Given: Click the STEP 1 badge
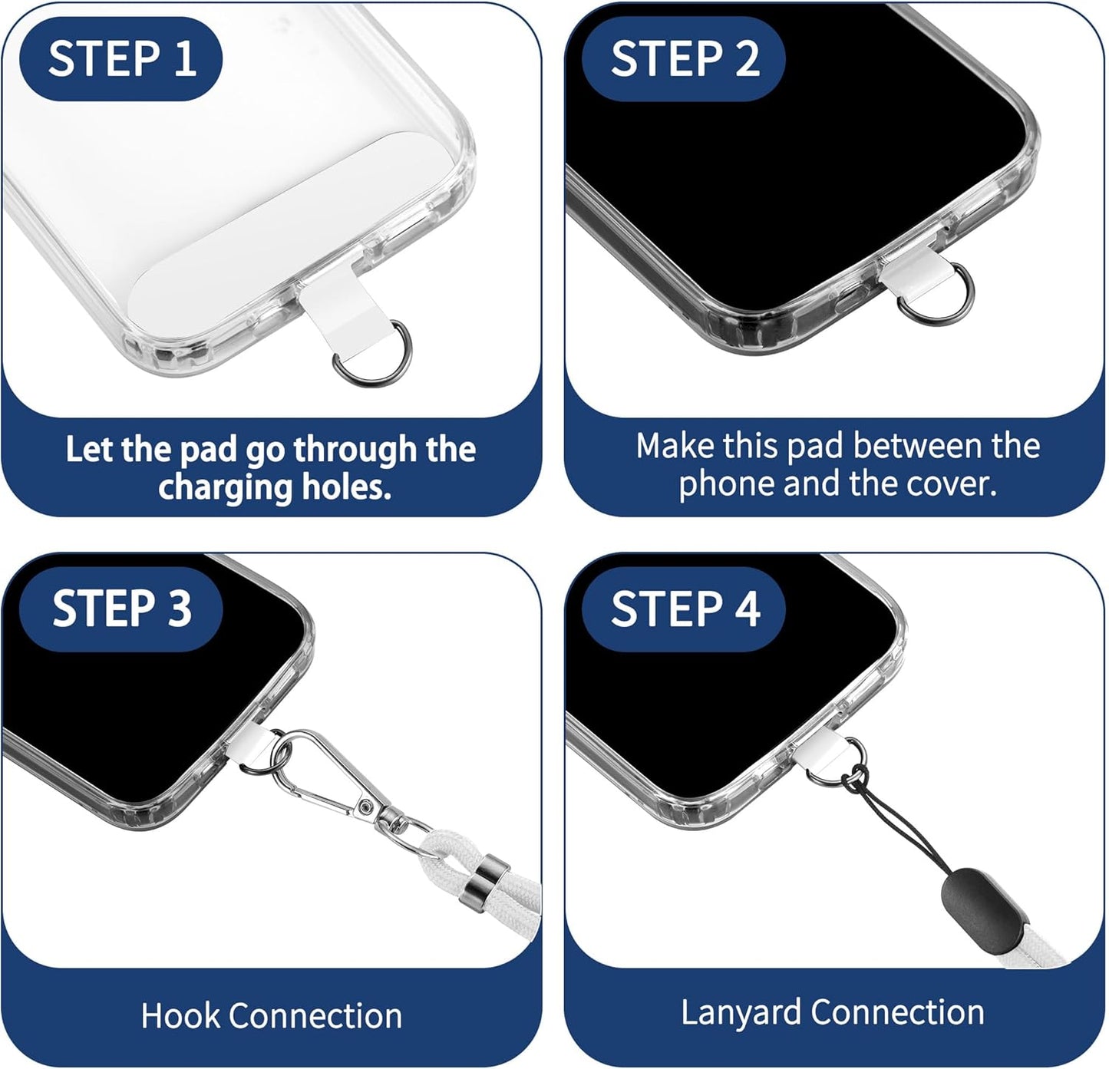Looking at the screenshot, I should click(x=120, y=58).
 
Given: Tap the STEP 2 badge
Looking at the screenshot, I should click(x=684, y=58).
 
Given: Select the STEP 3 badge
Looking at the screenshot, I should click(x=120, y=609).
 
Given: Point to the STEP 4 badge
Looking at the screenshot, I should click(x=684, y=609).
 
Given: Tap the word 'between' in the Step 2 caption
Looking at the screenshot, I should click(x=905, y=446).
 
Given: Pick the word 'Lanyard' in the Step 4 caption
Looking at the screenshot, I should click(x=741, y=1012).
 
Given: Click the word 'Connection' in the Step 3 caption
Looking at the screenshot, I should click(x=315, y=1015).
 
